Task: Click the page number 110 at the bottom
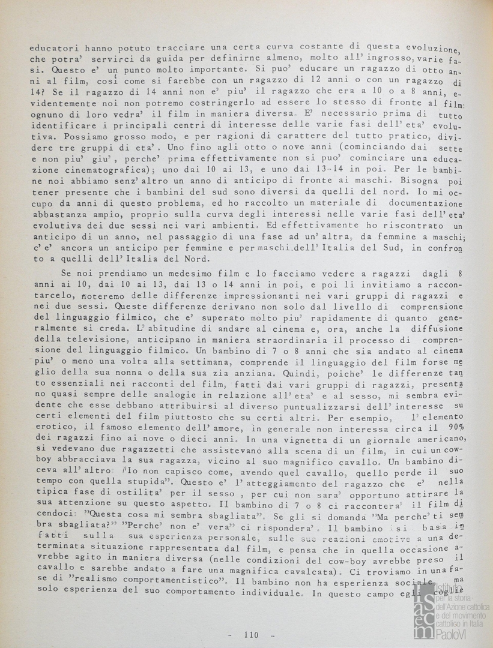251,635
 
